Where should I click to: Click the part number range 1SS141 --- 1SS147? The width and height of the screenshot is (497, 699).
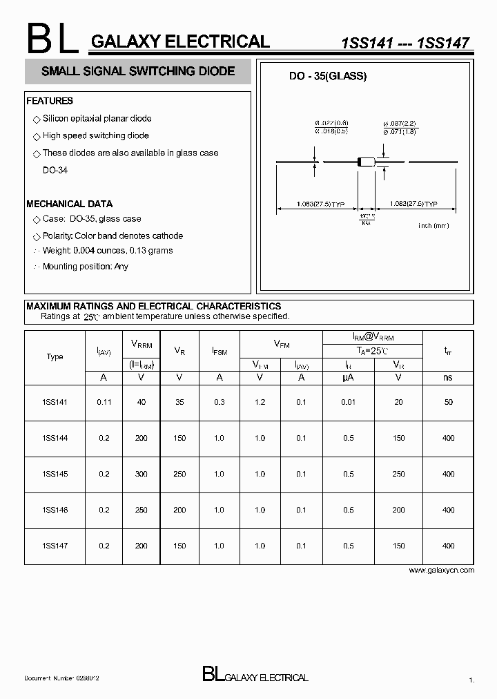(406, 43)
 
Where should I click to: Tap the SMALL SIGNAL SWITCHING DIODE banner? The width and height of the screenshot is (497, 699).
(138, 71)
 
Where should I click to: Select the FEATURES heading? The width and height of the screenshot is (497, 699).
(50, 101)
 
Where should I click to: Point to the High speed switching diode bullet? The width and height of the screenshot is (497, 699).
(95, 136)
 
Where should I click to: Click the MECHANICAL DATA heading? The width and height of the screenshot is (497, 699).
(69, 204)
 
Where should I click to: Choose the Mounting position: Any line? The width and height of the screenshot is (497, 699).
(85, 267)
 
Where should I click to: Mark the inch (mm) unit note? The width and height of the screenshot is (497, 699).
(433, 226)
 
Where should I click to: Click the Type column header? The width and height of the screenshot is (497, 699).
(55, 357)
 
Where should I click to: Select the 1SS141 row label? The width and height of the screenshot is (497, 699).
(55, 402)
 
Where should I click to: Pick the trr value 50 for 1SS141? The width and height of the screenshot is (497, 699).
(448, 402)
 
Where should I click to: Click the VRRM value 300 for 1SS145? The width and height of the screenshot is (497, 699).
(142, 474)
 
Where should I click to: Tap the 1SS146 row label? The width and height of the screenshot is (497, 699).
(55, 510)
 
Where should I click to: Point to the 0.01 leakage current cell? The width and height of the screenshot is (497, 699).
(349, 402)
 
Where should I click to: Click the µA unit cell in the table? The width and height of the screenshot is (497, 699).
(349, 378)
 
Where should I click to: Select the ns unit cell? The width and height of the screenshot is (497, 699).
(448, 378)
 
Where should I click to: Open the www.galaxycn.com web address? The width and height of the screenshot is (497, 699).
(442, 571)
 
